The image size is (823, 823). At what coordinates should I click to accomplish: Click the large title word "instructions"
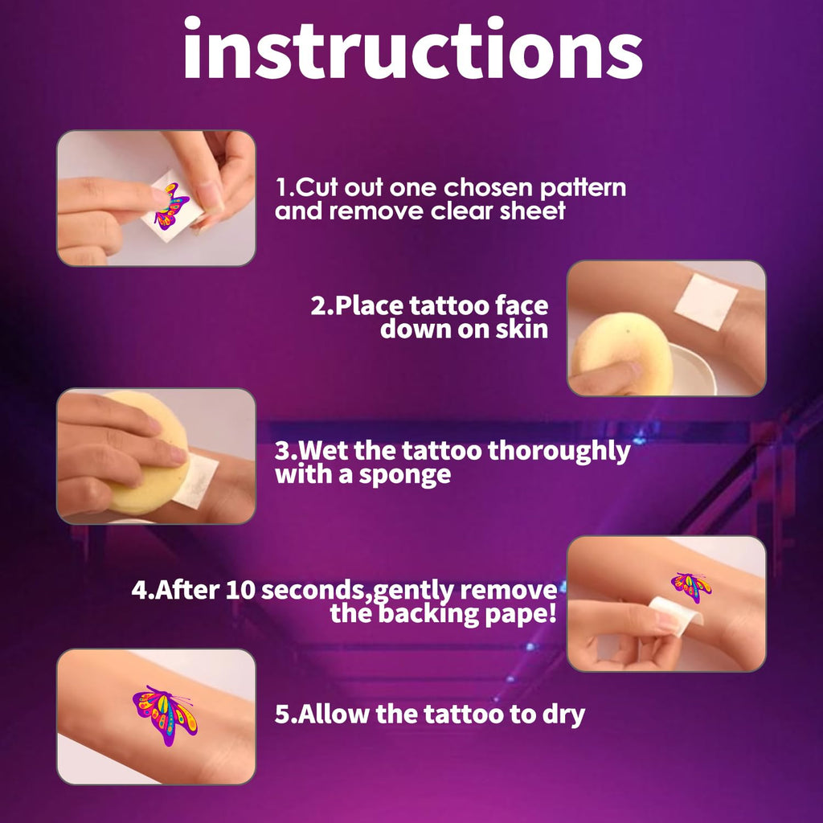[x=412, y=48]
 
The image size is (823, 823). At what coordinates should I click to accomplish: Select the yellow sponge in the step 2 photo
[x=622, y=353]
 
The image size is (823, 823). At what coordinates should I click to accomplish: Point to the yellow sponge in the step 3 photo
[x=149, y=452]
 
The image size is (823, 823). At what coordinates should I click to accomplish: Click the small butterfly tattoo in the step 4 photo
[x=691, y=587]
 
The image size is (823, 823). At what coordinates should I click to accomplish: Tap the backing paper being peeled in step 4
[x=675, y=615]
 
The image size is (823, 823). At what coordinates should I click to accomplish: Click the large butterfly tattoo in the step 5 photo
[x=165, y=714]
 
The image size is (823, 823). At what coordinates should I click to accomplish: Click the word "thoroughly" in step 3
[x=559, y=452]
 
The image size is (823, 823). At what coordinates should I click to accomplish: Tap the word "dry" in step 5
[x=563, y=714]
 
